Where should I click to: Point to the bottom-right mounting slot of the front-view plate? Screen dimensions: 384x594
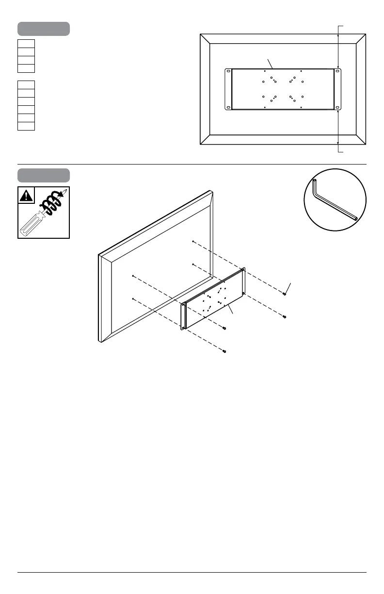(338, 107)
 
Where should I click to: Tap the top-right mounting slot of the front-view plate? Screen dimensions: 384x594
(338, 72)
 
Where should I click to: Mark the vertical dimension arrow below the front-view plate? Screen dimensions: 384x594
(338, 129)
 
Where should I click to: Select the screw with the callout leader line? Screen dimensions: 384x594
(284, 294)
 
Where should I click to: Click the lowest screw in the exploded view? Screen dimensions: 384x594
(224, 350)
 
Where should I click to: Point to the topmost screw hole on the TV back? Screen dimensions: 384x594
(193, 241)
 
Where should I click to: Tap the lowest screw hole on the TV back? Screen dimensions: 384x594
(132, 299)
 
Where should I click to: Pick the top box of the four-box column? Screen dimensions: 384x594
(26, 44)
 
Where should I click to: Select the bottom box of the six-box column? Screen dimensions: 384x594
(26, 126)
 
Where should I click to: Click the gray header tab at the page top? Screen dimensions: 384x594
(44, 29)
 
